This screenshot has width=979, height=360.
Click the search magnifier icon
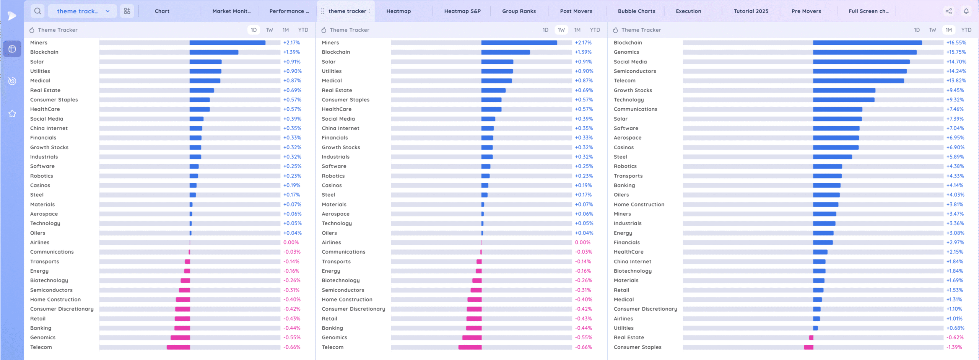click(37, 11)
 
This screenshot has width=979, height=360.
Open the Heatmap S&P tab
click(462, 11)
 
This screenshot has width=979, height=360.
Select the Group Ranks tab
click(519, 11)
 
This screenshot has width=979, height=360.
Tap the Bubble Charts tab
click(636, 11)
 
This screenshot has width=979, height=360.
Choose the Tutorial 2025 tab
click(751, 11)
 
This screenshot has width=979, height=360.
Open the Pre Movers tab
click(806, 11)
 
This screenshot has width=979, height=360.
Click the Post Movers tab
click(576, 11)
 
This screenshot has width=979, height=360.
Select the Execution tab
click(688, 11)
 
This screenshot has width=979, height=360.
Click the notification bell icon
click(966, 11)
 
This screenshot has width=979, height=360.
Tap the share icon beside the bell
click(949, 11)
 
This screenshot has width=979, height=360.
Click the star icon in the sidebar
click(12, 114)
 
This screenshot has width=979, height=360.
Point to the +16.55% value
click(956, 42)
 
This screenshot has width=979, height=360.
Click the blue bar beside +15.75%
click(864, 52)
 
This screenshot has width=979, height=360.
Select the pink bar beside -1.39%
click(808, 347)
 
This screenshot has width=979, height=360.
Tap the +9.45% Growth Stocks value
click(955, 90)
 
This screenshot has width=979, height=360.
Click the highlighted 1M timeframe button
click(948, 30)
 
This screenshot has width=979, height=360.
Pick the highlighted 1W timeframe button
click(561, 30)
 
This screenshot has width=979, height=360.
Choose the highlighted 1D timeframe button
click(254, 30)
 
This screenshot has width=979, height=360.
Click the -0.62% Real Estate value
click(955, 337)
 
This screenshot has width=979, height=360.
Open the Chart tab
click(162, 11)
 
